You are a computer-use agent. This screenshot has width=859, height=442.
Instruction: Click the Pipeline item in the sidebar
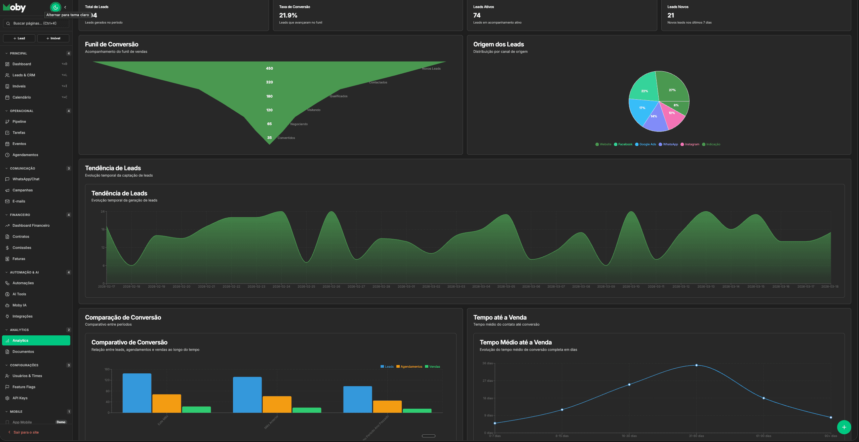tap(19, 121)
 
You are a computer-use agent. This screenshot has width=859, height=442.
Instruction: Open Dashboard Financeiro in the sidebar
tap(31, 225)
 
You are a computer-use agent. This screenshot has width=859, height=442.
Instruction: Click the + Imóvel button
tap(53, 38)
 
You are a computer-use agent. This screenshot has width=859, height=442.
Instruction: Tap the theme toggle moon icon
tap(55, 7)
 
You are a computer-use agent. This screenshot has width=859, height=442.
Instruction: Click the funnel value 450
tap(269, 68)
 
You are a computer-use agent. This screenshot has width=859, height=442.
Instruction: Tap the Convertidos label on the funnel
tap(286, 138)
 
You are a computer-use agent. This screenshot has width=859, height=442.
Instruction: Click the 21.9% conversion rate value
tap(288, 15)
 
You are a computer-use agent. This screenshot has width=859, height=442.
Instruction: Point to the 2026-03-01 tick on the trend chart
tap(406, 287)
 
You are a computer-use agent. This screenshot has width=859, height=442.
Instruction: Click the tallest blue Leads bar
tap(137, 393)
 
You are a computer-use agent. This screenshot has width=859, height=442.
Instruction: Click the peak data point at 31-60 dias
tap(696, 365)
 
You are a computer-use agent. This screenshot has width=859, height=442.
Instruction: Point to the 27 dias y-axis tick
tap(487, 381)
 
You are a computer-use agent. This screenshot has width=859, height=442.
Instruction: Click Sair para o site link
tap(26, 432)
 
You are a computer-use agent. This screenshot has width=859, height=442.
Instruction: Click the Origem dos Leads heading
tap(498, 44)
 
